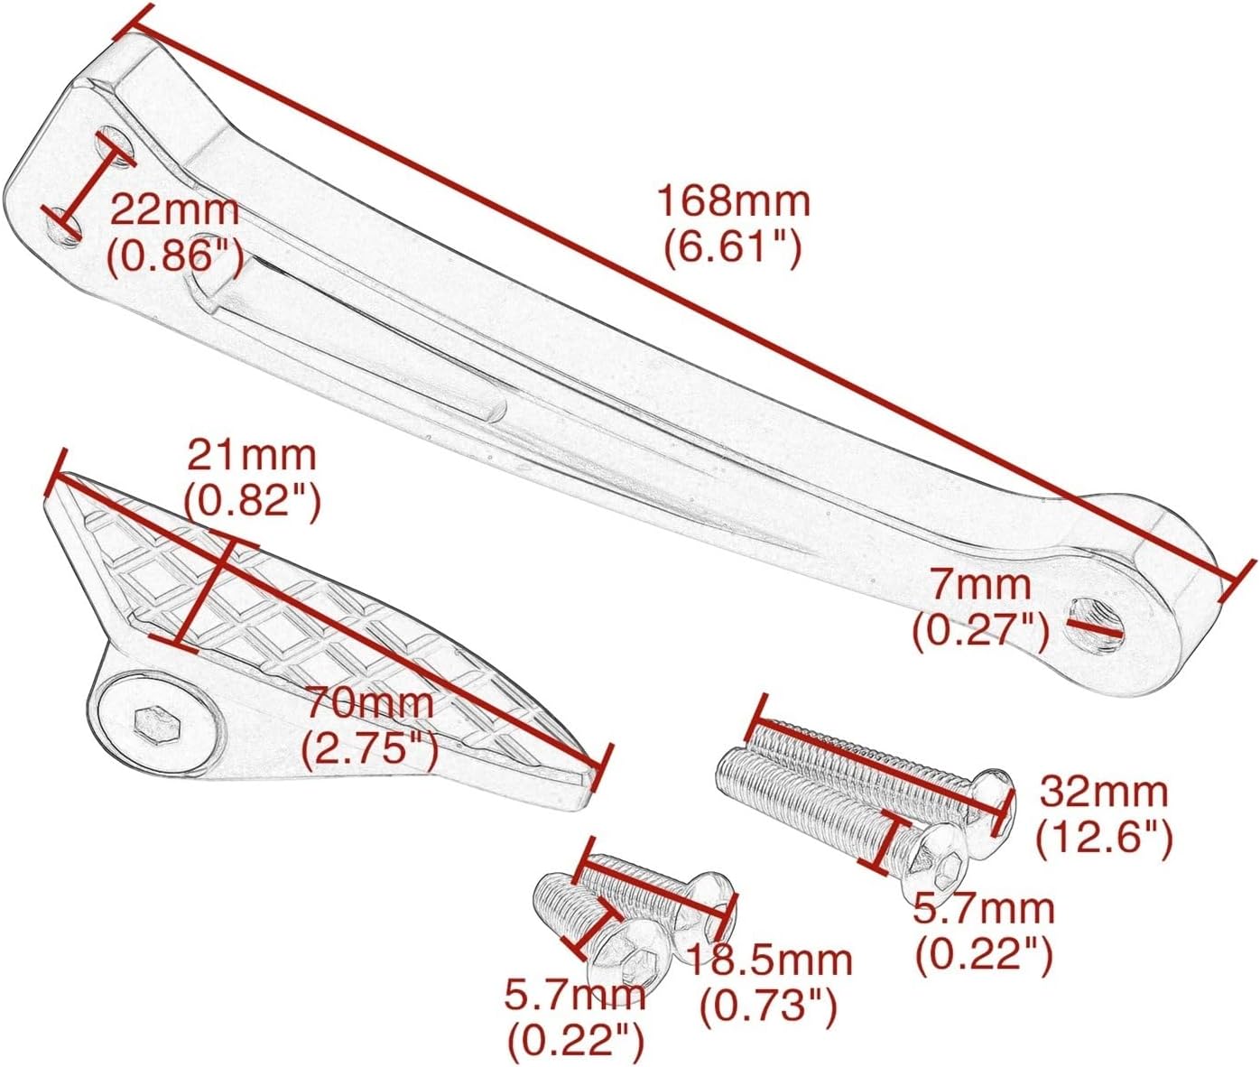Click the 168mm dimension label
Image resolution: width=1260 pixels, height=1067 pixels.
click(x=733, y=202)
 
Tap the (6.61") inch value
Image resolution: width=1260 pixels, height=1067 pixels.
click(x=732, y=249)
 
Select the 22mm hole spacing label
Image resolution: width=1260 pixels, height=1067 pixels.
click(x=175, y=210)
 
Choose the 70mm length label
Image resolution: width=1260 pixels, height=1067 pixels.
click(x=369, y=702)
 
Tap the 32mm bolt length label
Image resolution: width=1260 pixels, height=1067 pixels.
click(x=1103, y=793)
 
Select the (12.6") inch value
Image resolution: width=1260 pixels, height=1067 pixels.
click(x=1104, y=839)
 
